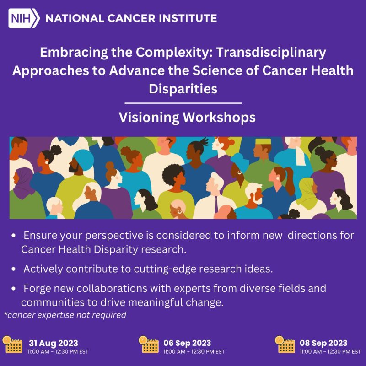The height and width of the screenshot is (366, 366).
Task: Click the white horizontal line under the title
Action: coord(183,104)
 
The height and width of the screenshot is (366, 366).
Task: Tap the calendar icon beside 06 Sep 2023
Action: coord(150,345)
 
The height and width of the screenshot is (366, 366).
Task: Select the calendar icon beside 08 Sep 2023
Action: coord(285,345)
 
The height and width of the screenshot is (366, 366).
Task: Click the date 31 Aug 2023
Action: coord(54,343)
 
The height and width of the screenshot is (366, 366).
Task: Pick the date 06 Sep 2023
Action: coord(188,343)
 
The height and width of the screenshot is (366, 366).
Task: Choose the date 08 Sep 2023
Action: coord(323,343)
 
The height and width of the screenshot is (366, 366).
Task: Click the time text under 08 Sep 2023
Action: coord(330,352)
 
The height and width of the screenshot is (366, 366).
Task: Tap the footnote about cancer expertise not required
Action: coord(65,315)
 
